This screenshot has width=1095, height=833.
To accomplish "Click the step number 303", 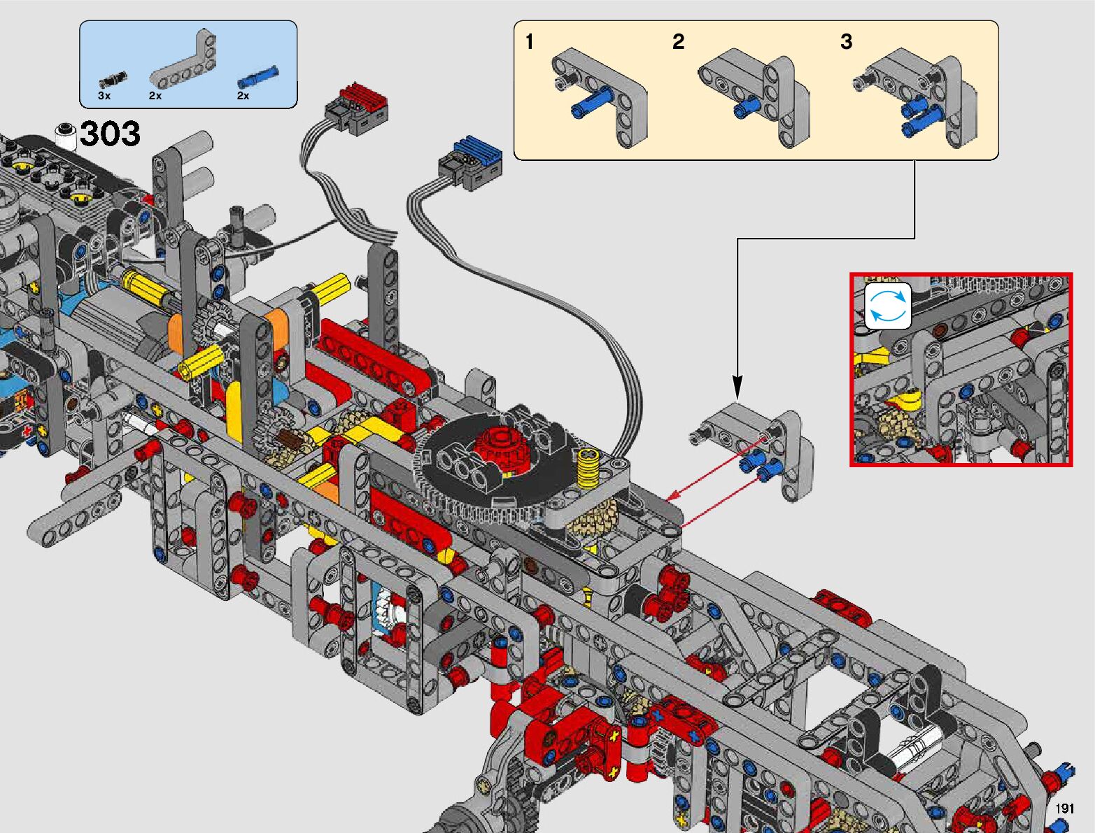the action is (x=110, y=134).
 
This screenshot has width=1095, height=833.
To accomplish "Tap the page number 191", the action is (x=1064, y=808).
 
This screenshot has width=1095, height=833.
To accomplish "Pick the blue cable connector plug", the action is (x=470, y=163).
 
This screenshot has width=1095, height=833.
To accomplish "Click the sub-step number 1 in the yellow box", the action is (x=530, y=41).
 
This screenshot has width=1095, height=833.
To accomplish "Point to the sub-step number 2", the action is (x=678, y=41).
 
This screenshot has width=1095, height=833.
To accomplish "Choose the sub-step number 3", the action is (x=846, y=41).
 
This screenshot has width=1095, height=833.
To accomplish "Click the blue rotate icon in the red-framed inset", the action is (x=887, y=306).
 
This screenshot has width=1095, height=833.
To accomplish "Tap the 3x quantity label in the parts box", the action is (x=104, y=96).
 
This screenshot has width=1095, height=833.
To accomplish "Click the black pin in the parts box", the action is (x=113, y=80).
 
